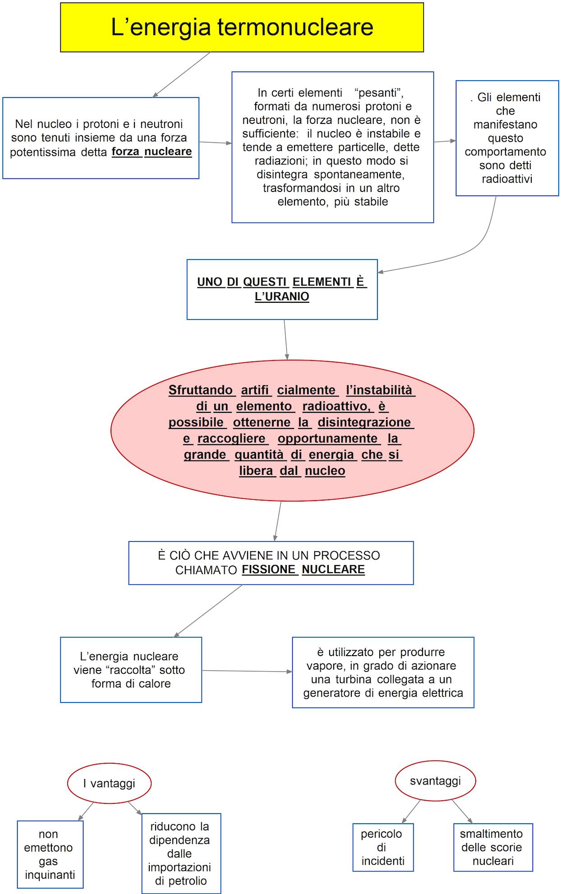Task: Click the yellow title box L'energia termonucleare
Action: (x=242, y=27)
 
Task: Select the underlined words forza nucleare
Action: (x=152, y=151)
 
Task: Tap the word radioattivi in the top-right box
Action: (x=507, y=179)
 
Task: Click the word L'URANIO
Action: (x=282, y=296)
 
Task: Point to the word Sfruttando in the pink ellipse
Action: (x=201, y=390)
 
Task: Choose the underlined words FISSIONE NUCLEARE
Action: (x=303, y=570)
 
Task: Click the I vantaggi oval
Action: (x=109, y=783)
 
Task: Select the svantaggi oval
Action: (x=435, y=781)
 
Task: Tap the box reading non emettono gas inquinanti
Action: (x=50, y=854)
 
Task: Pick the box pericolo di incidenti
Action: (x=383, y=847)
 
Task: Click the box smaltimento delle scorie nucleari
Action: (x=493, y=847)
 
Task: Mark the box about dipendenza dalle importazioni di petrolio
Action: (x=181, y=853)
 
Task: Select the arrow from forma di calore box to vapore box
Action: (x=247, y=671)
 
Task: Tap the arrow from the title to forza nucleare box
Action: (x=182, y=74)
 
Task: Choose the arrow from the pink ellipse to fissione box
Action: (x=277, y=521)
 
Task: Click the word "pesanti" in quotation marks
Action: (x=379, y=93)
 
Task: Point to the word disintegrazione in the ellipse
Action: (x=364, y=422)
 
